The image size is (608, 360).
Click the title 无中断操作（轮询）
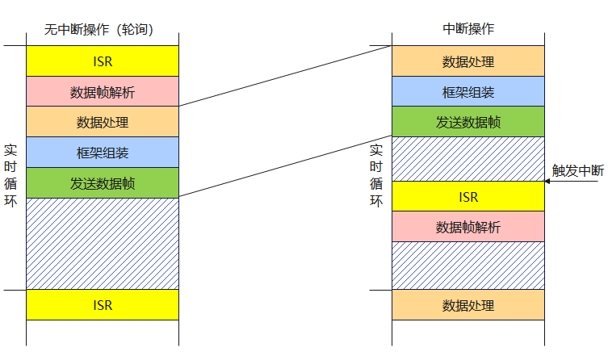pos(100,30)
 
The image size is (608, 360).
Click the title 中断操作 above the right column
pos(468,28)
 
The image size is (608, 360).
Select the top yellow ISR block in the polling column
pos(103,61)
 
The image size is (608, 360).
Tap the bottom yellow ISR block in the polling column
pos(103,305)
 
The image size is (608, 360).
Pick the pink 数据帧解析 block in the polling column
pos(103,92)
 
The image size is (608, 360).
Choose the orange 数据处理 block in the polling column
pos(103,123)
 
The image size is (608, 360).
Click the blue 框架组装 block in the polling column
pos(103,153)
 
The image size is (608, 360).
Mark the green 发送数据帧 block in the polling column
pos(103,183)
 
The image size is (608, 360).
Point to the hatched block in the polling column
pos(103,244)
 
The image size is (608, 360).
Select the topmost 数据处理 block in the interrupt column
pos(468,61)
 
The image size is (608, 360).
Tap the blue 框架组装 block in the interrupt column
pos(468,92)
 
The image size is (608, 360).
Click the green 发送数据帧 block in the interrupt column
pos(468,122)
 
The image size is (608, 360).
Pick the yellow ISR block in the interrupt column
pos(468,197)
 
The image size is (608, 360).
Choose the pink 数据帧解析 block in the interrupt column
pos(468,227)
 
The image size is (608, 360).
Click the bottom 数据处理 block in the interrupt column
pos(468,305)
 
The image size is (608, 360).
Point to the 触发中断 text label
pos(577,170)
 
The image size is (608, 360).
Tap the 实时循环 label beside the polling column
pos(10,175)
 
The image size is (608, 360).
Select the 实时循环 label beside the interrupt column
pos(376,175)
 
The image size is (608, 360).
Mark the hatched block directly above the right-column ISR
pos(468,159)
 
